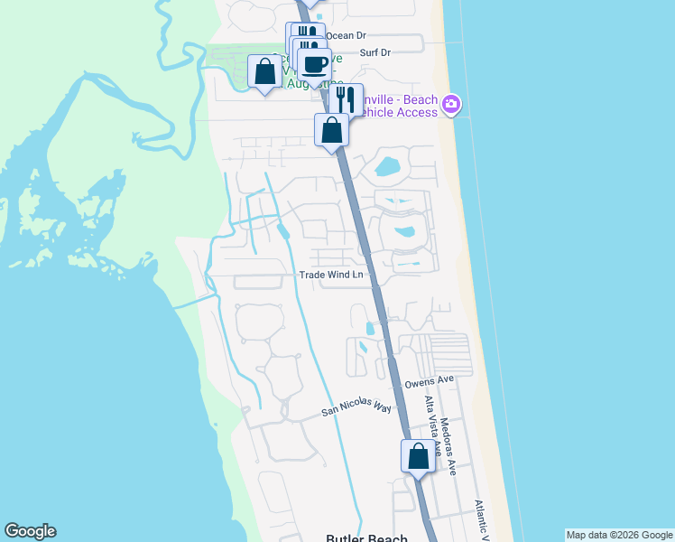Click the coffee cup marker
click(314, 65)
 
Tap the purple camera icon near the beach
click(452, 106)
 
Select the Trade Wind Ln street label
click(332, 275)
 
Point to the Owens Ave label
click(429, 382)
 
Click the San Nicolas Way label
click(357, 408)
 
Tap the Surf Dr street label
click(374, 52)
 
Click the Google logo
click(30, 531)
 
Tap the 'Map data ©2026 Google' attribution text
click(619, 535)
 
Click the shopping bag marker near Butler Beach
click(419, 455)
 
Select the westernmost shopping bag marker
click(265, 70)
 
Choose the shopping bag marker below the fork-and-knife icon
click(332, 129)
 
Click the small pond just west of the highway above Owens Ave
click(368, 328)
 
